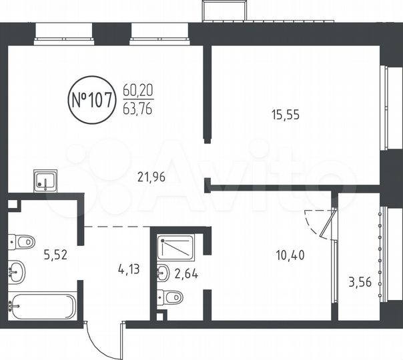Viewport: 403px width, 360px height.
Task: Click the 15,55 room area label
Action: (286, 114)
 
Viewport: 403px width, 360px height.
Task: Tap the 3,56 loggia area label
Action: (359, 283)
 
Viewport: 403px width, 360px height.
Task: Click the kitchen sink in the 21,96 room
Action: (45, 180)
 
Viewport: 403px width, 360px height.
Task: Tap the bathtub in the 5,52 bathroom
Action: (43, 307)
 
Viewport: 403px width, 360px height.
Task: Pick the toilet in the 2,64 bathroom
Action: (171, 297)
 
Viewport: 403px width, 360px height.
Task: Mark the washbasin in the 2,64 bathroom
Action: (162, 272)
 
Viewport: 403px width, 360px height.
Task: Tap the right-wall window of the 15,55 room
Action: (384, 107)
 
